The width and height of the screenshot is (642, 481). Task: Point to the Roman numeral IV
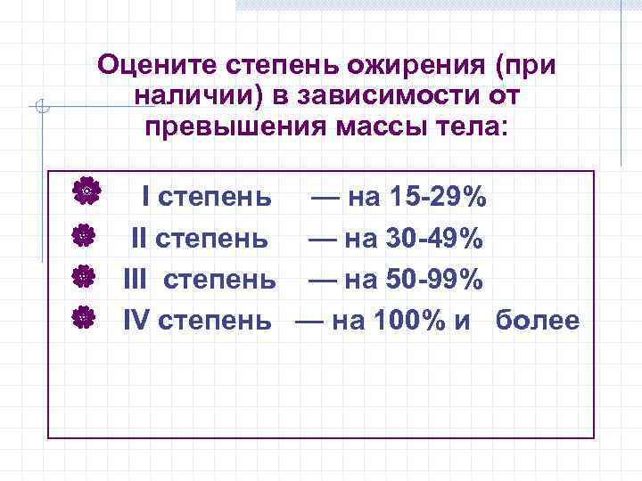coord(136,321)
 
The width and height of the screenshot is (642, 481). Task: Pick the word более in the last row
coord(538,321)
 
